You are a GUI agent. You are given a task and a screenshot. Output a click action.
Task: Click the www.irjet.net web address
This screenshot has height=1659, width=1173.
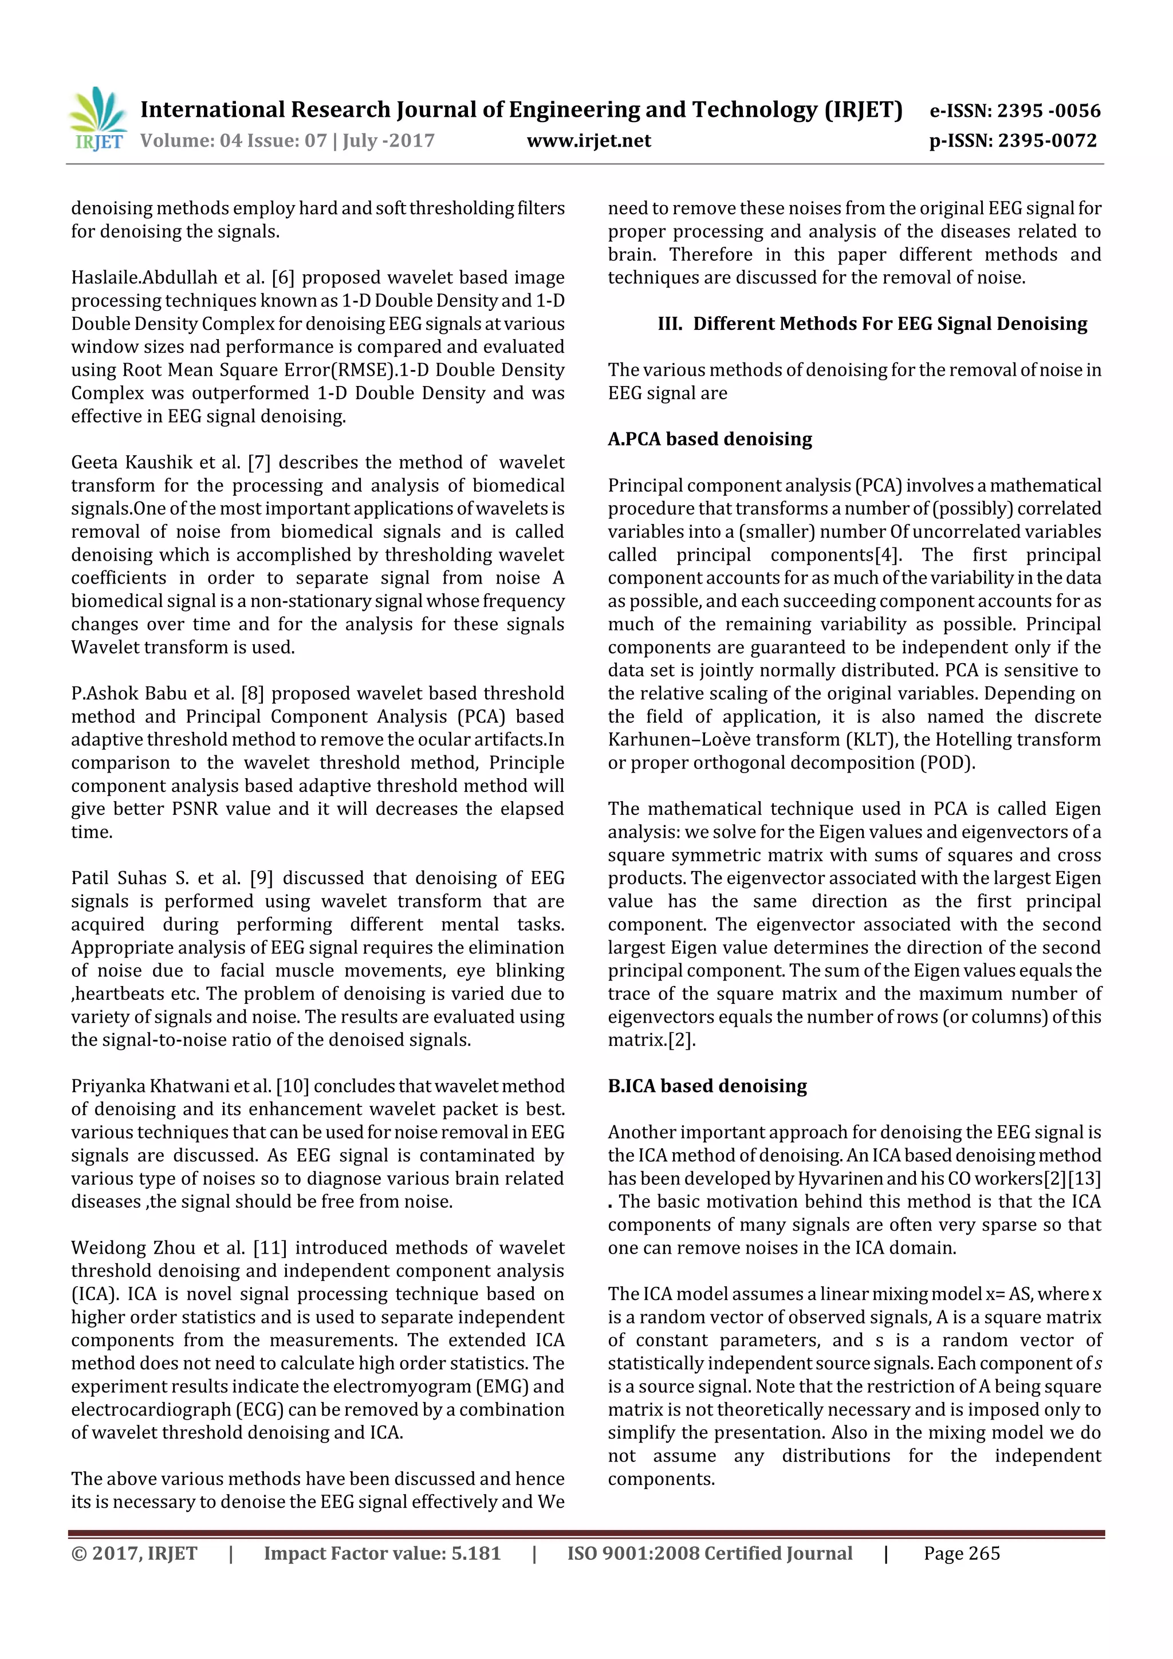tap(588, 141)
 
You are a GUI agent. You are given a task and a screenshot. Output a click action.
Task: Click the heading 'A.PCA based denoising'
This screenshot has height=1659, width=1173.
tap(709, 439)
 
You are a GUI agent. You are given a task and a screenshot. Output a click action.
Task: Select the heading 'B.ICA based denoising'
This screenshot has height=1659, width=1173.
tap(707, 1086)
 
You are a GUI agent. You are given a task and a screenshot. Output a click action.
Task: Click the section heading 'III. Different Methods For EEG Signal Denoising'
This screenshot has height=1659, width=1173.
tap(872, 324)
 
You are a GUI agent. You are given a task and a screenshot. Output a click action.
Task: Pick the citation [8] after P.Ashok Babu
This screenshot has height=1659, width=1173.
tap(253, 693)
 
